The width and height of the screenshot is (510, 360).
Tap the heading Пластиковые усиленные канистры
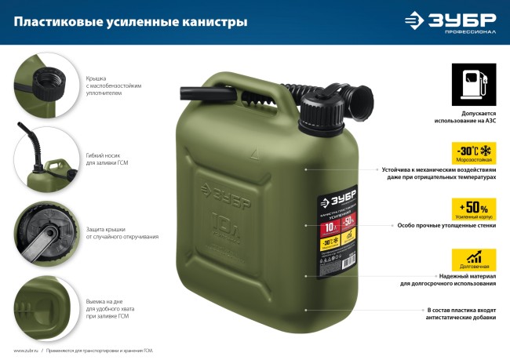130,22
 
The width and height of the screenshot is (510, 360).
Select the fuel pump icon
473,83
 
